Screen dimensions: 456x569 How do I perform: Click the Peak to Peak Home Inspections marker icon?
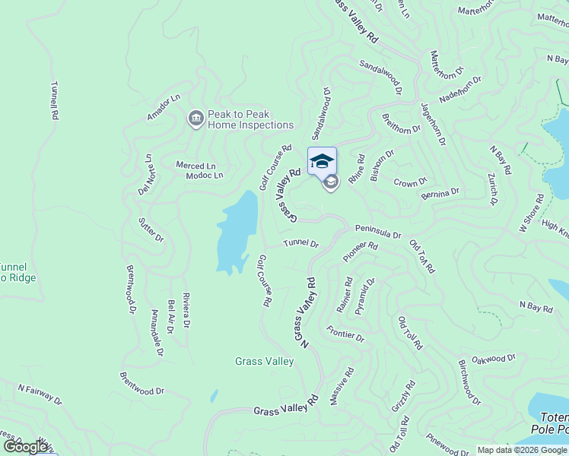[195, 118]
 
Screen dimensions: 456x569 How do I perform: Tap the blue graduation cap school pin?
[322, 161]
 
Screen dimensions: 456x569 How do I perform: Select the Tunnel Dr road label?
[300, 243]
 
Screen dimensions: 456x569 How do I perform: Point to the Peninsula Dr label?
[377, 231]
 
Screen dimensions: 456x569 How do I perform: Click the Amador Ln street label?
[164, 106]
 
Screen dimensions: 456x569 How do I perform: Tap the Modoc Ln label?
[204, 176]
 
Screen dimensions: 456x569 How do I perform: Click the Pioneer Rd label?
[361, 252]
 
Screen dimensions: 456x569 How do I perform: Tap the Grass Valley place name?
[264, 362]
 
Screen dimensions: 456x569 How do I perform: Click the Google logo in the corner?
[25, 447]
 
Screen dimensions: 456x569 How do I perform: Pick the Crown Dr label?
[410, 182]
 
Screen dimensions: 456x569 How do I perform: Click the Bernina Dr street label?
[440, 193]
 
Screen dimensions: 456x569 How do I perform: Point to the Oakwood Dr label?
[494, 358]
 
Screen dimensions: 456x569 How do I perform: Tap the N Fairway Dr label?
[40, 393]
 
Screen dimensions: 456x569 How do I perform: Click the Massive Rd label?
[342, 386]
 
